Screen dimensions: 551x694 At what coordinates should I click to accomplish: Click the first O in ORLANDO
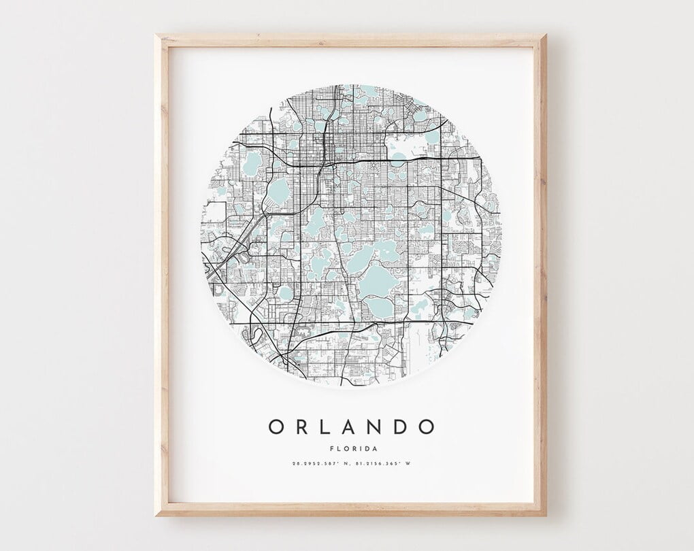click(277, 427)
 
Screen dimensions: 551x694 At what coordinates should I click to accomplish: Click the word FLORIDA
click(351, 448)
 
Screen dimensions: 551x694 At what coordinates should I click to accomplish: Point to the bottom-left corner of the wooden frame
click(156, 514)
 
